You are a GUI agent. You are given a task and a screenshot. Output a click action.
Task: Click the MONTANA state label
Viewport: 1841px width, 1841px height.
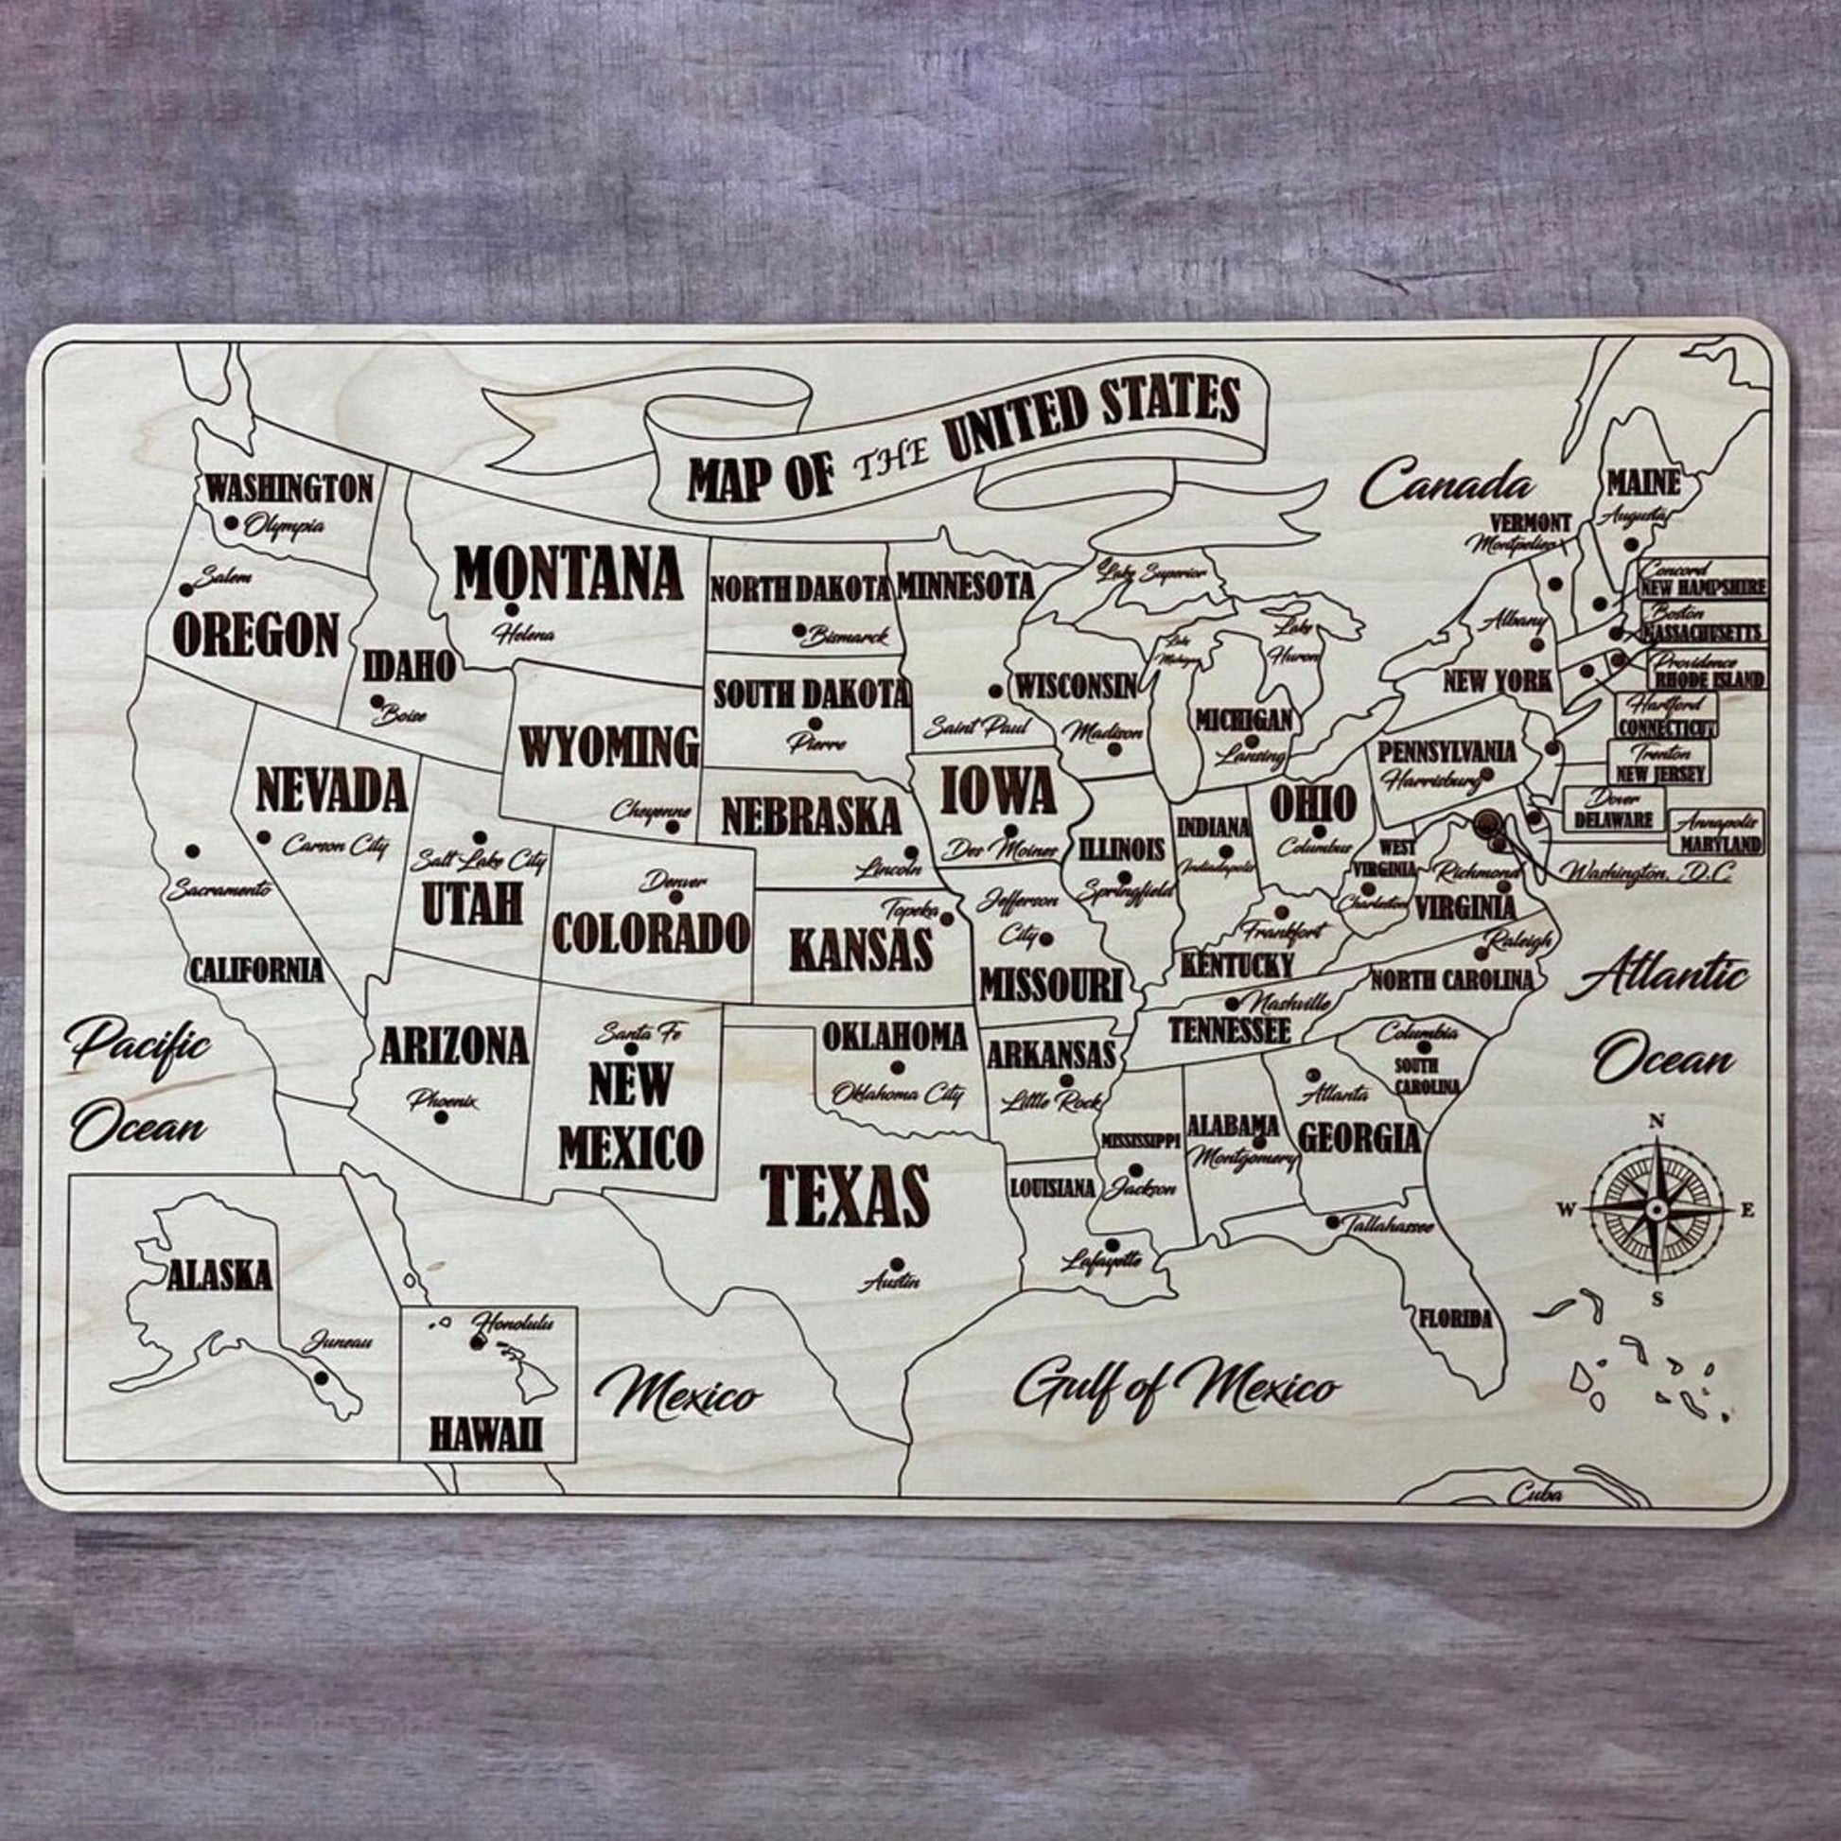click(x=568, y=571)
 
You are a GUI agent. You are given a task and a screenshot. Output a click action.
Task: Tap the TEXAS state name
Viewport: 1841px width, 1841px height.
click(x=845, y=1196)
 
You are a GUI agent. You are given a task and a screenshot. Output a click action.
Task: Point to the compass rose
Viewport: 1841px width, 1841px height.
click(x=1657, y=1209)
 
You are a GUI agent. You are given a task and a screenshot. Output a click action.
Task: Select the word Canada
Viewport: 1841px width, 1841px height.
click(x=1447, y=485)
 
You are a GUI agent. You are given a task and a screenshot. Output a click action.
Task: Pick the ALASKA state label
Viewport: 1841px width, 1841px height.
click(x=219, y=1275)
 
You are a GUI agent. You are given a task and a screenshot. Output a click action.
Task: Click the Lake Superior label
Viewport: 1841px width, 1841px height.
click(x=1151, y=572)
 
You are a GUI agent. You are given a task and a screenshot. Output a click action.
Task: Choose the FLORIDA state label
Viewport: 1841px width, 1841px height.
click(x=1455, y=1320)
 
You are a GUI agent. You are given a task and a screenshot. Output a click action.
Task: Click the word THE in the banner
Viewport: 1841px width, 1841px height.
click(x=889, y=465)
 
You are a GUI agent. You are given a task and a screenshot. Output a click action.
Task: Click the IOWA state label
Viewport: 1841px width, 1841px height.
click(x=998, y=791)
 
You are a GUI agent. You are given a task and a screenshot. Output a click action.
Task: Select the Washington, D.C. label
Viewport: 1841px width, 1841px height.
click(x=1641, y=869)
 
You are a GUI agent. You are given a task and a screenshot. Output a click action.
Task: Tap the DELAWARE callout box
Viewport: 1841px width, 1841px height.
click(x=1613, y=809)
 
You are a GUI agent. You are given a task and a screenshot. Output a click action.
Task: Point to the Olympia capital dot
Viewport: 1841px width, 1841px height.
click(x=231, y=522)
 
